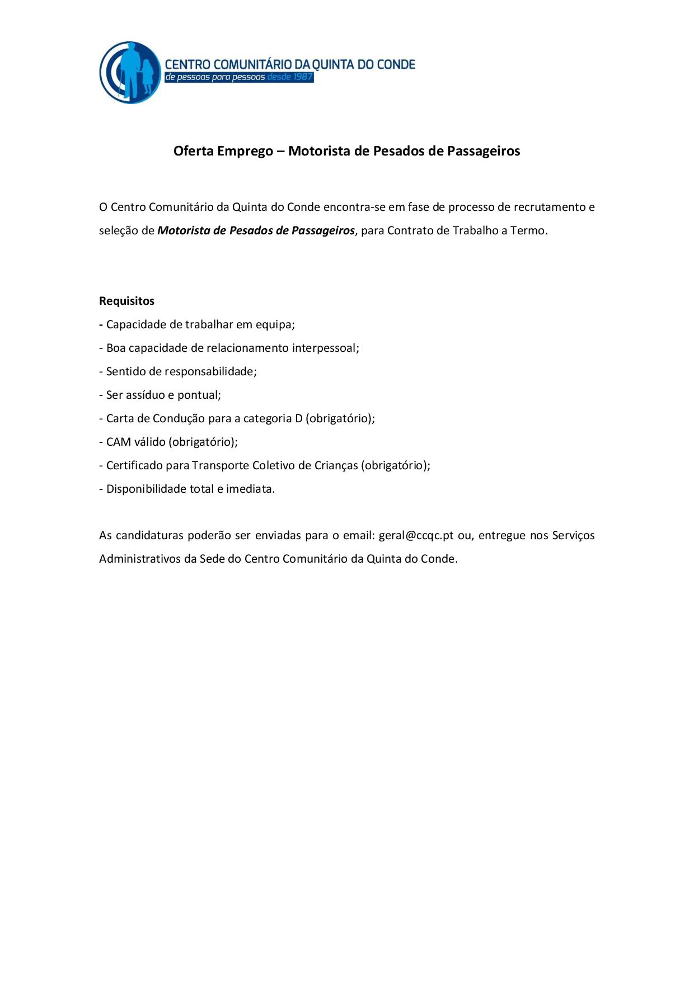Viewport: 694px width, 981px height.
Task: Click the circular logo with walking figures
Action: [130, 72]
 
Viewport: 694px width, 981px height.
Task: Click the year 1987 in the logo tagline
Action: [303, 77]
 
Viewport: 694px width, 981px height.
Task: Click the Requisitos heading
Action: [126, 301]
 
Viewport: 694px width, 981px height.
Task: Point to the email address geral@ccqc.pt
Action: [416, 535]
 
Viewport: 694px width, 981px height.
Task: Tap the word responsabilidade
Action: [210, 371]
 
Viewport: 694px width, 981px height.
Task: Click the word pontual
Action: [199, 395]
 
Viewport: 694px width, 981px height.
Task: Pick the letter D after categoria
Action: [298, 418]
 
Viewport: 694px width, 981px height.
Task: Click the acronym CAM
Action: [118, 442]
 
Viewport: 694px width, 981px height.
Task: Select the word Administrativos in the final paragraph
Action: [139, 559]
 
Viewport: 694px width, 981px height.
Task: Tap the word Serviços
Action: [573, 535]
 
